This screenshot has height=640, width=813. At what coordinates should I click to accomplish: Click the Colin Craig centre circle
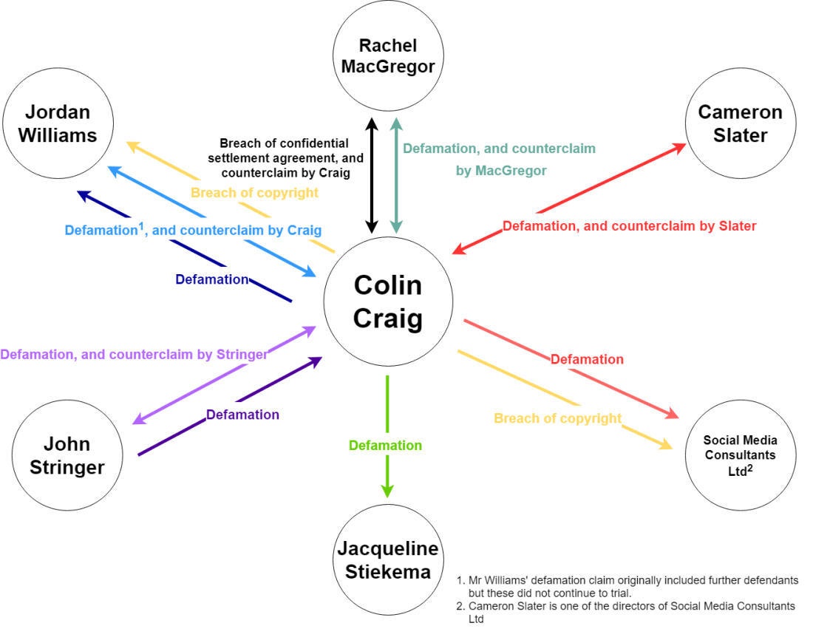pos(388,302)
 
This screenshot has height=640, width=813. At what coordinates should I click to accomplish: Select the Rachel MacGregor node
pos(388,56)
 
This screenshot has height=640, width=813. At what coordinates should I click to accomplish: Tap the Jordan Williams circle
pos(58,123)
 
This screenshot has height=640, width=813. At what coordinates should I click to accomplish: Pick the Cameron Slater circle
pos(740,123)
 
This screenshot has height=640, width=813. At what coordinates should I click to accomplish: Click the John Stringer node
pos(67,455)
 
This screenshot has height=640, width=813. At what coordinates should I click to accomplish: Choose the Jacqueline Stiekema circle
pos(388,560)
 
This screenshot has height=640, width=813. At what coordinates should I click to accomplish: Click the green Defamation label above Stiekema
pos(385,446)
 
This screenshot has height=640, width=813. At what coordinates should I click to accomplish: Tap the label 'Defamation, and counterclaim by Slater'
pos(629,226)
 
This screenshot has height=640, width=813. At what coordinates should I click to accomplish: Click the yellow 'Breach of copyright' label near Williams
pos(254,193)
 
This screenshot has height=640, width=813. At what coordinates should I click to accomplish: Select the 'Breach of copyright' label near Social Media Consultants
pos(557,418)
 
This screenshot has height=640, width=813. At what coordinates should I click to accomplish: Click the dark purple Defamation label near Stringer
pos(242,415)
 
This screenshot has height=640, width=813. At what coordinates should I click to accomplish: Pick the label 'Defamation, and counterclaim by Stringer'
pos(134,354)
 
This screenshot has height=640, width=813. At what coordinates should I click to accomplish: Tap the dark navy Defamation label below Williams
pos(211,279)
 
